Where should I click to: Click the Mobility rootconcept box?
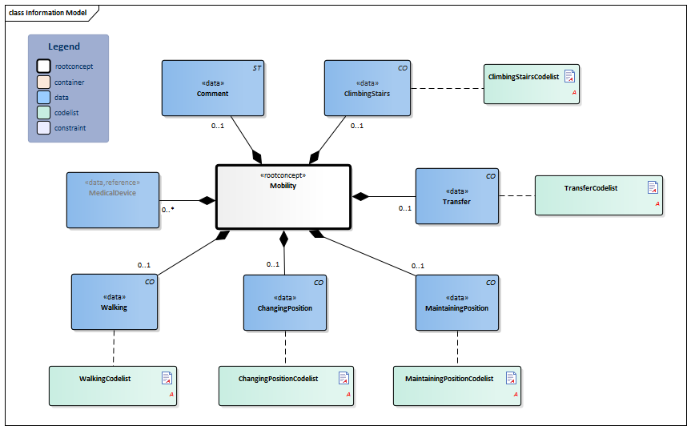283,197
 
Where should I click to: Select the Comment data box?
212,88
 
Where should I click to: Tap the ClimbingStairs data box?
368,88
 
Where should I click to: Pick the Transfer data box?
456,196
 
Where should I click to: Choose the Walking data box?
114,302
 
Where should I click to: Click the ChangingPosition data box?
285,302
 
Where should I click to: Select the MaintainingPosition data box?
456,302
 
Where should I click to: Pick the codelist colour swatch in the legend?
43,113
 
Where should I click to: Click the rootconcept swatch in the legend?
43,66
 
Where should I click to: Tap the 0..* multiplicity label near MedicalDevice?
168,210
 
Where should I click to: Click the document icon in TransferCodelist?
653,187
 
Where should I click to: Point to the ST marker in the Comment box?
256,69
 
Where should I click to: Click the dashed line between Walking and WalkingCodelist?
114,348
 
